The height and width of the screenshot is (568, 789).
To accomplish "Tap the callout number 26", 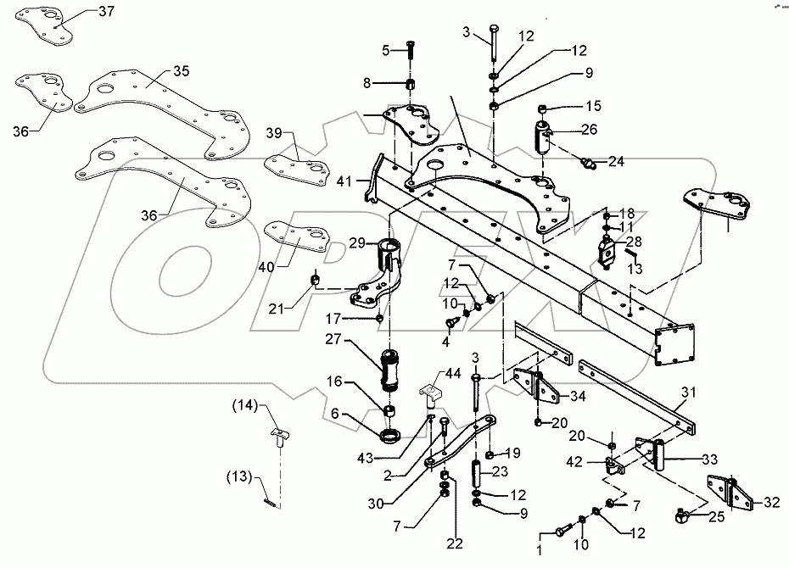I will coord(590,129).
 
